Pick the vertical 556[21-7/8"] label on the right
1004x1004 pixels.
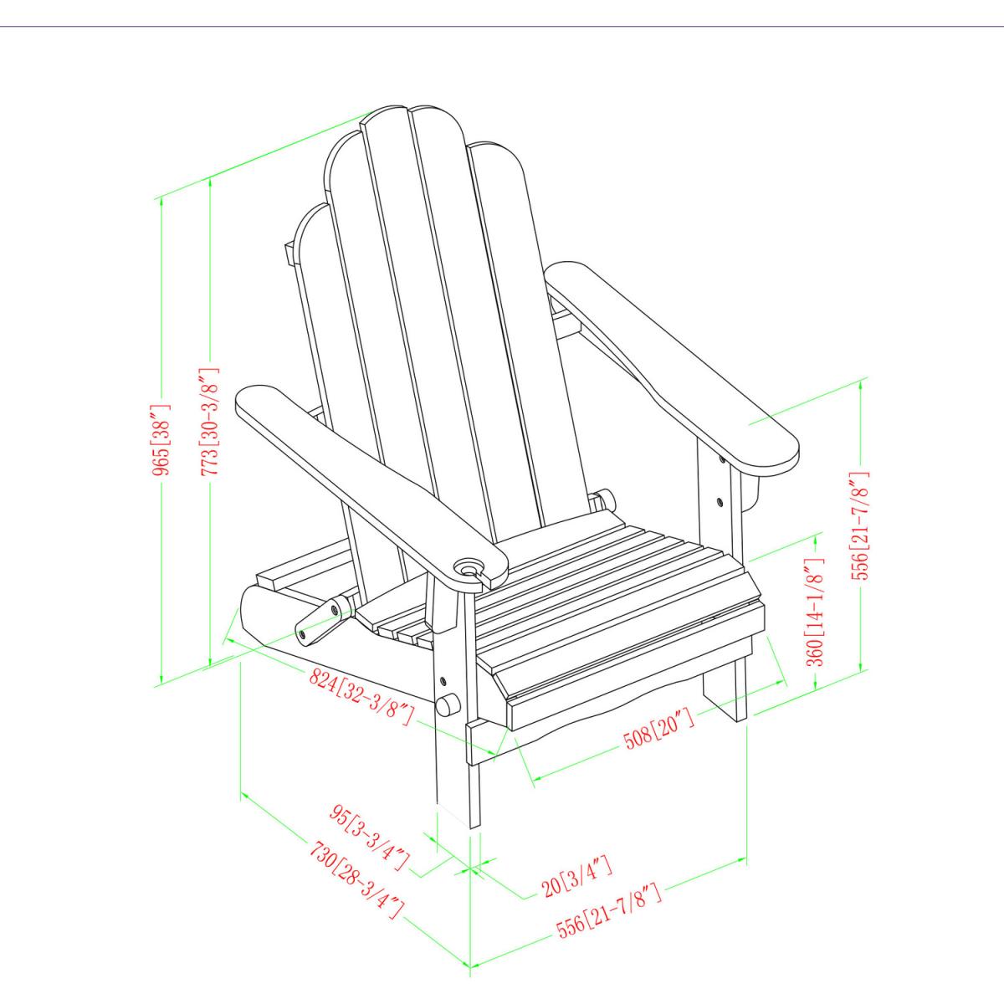[x=860, y=525]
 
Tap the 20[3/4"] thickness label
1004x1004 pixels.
[x=578, y=881]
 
